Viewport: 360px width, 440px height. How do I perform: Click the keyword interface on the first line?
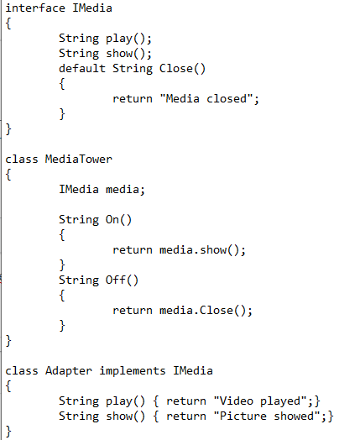tap(35, 8)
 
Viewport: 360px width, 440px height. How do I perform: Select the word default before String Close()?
tap(82, 69)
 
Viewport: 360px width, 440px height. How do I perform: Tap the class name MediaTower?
tap(79, 159)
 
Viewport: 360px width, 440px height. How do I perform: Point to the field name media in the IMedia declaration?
tap(123, 190)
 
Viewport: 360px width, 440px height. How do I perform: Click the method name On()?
tap(118, 220)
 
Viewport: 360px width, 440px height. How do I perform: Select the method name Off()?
tap(122, 280)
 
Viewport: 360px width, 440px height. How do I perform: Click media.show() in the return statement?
tap(199, 250)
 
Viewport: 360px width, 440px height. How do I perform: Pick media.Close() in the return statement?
tap(202, 311)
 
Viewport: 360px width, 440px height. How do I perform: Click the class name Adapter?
tap(69, 371)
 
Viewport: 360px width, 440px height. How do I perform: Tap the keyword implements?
tap(133, 371)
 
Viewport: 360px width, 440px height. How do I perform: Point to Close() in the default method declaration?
tap(182, 69)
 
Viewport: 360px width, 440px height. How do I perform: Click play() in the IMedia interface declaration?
tap(125, 39)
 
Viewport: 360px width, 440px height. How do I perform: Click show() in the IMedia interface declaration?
tap(125, 54)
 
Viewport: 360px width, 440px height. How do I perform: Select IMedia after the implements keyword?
tap(193, 370)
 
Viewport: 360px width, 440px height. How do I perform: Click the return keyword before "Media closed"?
tap(133, 99)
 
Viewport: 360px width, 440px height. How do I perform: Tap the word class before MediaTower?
tap(22, 159)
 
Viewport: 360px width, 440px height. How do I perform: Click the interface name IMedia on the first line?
tap(92, 8)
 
